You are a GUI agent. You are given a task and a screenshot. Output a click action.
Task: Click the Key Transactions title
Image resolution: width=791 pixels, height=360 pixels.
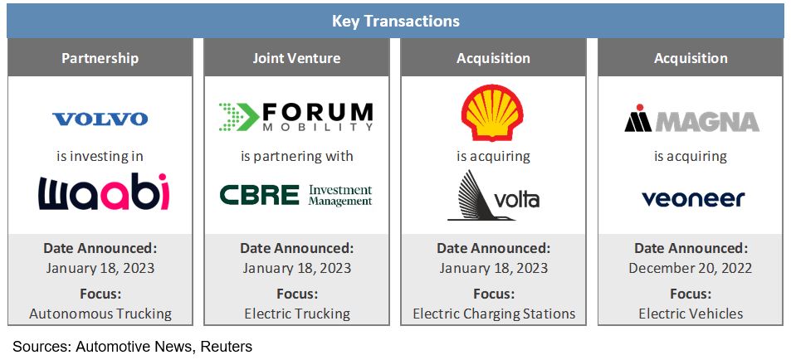click(x=395, y=22)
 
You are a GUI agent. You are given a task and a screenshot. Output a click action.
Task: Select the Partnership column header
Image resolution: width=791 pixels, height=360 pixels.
click(x=100, y=58)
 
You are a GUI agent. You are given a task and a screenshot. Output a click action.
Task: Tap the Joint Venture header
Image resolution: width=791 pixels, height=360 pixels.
click(x=296, y=58)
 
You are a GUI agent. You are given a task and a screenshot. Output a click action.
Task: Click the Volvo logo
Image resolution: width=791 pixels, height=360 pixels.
click(x=100, y=119)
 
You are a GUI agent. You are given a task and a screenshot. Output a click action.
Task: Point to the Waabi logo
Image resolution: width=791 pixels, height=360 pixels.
click(x=104, y=192)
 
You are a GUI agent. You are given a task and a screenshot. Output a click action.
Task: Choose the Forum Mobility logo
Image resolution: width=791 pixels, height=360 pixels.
click(x=296, y=117)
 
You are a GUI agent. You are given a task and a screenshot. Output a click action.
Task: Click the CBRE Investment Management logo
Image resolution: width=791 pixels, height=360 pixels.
click(x=296, y=195)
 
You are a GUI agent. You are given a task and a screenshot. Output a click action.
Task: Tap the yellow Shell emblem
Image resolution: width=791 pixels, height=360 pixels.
click(x=492, y=113)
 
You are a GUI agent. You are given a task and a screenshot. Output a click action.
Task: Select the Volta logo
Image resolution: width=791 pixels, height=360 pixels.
click(x=493, y=196)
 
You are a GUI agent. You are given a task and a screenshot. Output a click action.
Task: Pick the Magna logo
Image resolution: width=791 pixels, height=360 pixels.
click(x=691, y=119)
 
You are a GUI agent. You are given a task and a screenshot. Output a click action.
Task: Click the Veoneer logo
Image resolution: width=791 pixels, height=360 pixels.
click(x=693, y=198)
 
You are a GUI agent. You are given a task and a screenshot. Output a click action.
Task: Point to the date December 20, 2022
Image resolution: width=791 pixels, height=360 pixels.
click(x=690, y=268)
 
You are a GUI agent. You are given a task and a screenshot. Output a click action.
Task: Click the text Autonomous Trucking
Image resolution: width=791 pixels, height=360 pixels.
click(x=100, y=314)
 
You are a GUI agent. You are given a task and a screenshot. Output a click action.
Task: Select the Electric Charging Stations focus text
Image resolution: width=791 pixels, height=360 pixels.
click(x=494, y=314)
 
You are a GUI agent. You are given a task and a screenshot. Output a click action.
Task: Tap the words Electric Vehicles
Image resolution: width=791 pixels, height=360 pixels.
click(x=691, y=314)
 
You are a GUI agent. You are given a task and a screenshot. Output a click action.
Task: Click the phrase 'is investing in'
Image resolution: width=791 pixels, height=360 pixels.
click(x=100, y=156)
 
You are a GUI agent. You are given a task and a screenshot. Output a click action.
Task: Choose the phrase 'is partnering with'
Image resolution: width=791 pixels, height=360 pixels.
click(x=296, y=156)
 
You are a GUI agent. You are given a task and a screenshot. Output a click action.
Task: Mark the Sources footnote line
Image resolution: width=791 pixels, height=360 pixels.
click(x=132, y=347)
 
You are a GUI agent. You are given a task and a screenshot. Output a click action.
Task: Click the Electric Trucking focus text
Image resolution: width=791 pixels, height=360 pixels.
click(x=297, y=314)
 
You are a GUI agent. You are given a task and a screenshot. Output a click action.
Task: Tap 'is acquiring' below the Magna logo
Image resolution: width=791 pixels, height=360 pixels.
click(x=691, y=156)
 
